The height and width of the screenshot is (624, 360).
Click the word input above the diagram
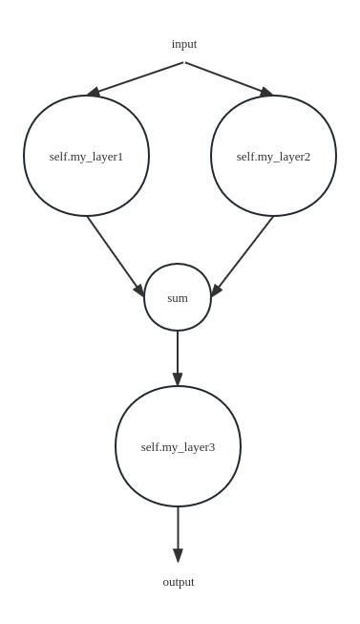tap(184, 44)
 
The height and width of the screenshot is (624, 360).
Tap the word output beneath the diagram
tap(179, 582)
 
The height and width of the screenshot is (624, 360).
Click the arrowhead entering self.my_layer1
tap(94, 93)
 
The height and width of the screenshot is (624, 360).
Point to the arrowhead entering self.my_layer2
tap(266, 92)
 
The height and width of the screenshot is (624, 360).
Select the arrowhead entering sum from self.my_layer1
tap(139, 290)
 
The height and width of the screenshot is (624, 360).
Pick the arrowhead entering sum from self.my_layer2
tap(217, 290)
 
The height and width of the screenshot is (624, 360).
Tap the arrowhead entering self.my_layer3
tap(178, 379)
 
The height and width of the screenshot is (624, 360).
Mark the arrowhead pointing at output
tap(178, 555)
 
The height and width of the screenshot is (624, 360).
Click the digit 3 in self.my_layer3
tap(211, 447)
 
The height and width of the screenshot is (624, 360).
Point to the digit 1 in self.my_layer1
tap(119, 157)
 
